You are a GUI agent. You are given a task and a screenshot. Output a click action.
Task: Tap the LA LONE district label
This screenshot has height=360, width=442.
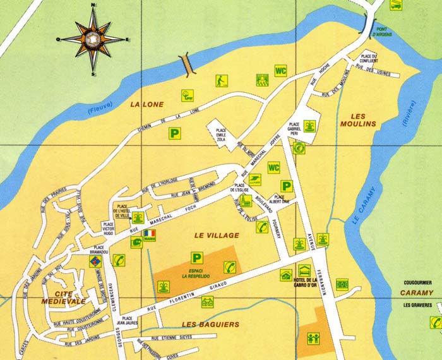tap(146, 104)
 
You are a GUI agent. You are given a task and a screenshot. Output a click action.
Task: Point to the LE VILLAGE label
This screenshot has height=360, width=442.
tap(217, 235)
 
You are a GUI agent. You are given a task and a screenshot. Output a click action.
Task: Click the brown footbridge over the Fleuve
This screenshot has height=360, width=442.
tap(186, 63)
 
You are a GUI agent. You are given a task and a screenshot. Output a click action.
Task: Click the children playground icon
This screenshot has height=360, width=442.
tap(313, 338)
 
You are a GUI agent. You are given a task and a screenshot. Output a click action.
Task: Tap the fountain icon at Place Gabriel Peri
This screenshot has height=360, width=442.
tap(309, 126)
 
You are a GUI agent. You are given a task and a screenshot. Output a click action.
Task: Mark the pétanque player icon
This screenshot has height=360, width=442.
tap(221, 81)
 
